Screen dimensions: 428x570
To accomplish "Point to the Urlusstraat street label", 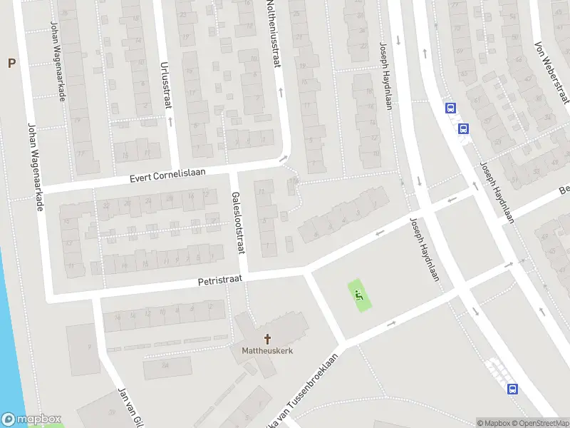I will pyautogui.click(x=167, y=83).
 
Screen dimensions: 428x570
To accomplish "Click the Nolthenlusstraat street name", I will pyautogui.click(x=271, y=36).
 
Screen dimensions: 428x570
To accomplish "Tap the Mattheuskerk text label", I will pyautogui.click(x=267, y=350).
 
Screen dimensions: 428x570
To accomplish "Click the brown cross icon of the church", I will pyautogui.click(x=268, y=338).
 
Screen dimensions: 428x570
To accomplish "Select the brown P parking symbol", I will pyautogui.click(x=11, y=63).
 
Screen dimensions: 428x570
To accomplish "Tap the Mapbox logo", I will pyautogui.click(x=31, y=419).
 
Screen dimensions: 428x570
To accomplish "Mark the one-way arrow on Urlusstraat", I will pyautogui.click(x=170, y=121).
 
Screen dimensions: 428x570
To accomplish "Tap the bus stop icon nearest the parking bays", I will pyautogui.click(x=512, y=389).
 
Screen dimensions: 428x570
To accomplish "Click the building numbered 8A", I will pyautogui.click(x=165, y=367).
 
